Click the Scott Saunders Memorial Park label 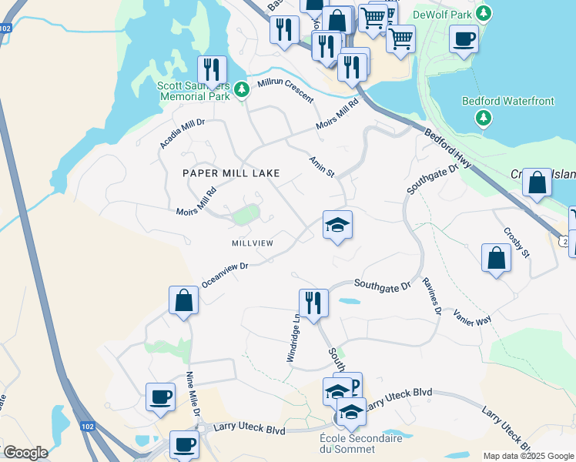tap(194, 92)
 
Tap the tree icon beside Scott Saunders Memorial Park tap(242, 90)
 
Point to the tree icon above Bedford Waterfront tap(483, 117)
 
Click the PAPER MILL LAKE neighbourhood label tap(231, 173)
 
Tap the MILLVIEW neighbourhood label tap(253, 243)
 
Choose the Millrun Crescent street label tap(286, 91)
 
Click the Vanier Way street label tap(472, 319)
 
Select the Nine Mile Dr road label tap(193, 395)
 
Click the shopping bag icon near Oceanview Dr tap(184, 301)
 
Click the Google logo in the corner tap(25, 453)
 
